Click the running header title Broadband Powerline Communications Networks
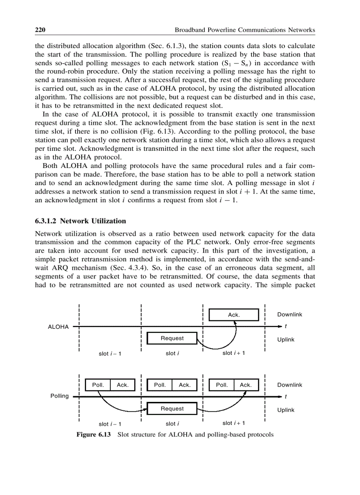245,30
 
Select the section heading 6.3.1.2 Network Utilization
80,221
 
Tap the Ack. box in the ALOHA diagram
233,315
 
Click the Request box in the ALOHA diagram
172,338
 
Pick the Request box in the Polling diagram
172,409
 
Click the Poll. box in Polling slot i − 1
97,385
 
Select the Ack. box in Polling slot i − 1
122,385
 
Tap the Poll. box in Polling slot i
159,385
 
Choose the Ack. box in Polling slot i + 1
245,385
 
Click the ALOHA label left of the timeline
58,327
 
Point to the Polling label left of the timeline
60,396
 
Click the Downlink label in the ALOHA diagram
289,314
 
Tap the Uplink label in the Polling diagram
285,410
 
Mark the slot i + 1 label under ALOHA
234,353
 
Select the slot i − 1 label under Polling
110,424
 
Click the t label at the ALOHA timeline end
286,327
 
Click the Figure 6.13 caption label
94,435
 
